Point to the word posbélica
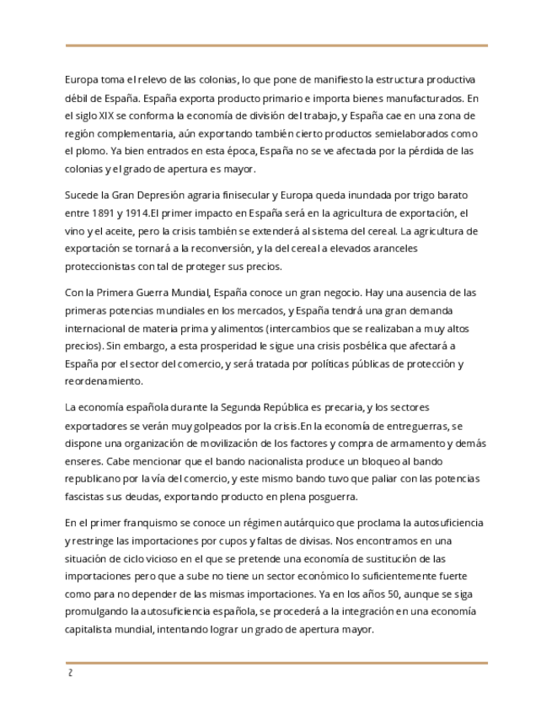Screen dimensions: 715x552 point(389,346)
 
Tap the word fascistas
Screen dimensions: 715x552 point(88,497)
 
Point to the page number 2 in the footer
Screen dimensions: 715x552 point(70,675)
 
